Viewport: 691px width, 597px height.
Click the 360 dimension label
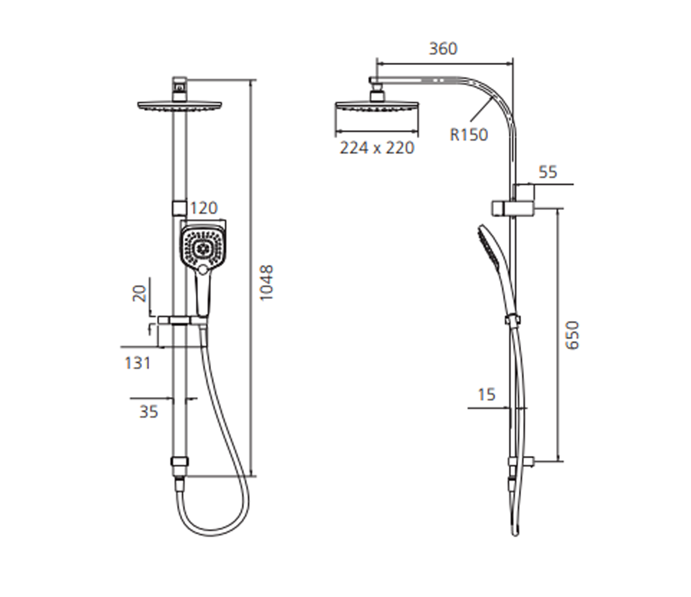pyautogui.click(x=443, y=49)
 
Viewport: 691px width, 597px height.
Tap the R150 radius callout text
pyautogui.click(x=469, y=135)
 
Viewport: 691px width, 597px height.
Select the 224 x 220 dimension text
pyautogui.click(x=377, y=148)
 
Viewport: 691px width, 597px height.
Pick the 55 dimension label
pyautogui.click(x=548, y=172)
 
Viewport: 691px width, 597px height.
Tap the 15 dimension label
pyautogui.click(x=486, y=395)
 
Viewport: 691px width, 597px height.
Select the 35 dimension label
pyautogui.click(x=148, y=412)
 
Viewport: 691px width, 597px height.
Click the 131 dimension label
pyautogui.click(x=138, y=364)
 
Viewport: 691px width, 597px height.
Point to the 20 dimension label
pyautogui.click(x=139, y=293)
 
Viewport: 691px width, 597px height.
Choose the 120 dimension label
pyautogui.click(x=203, y=208)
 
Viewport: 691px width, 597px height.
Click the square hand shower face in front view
pyautogui.click(x=202, y=247)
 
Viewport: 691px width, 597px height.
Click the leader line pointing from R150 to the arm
pyautogui.click(x=480, y=111)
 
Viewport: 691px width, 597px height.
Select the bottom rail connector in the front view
pyautogui.click(x=179, y=462)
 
